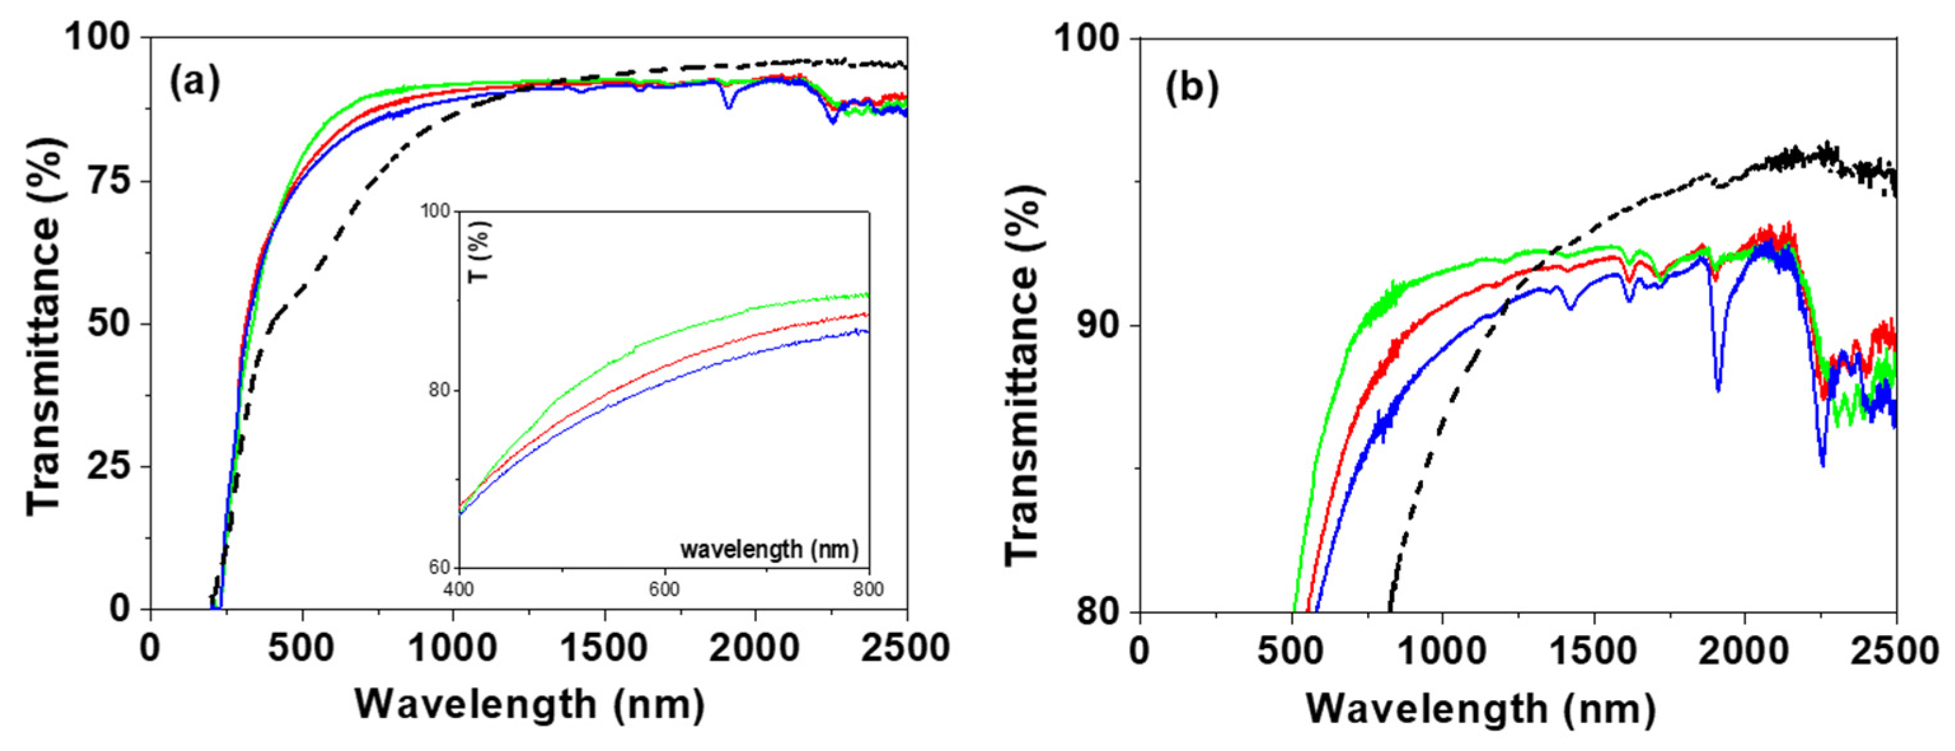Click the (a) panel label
[194, 82]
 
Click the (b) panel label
[1192, 88]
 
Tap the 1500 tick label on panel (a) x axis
[604, 649]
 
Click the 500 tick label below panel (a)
[302, 649]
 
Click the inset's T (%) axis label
[480, 251]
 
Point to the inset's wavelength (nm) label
[769, 549]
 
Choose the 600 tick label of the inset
[664, 590]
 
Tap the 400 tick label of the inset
[458, 590]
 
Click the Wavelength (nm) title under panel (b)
[1480, 709]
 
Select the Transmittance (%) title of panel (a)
[43, 326]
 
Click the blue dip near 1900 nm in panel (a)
[728, 106]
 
